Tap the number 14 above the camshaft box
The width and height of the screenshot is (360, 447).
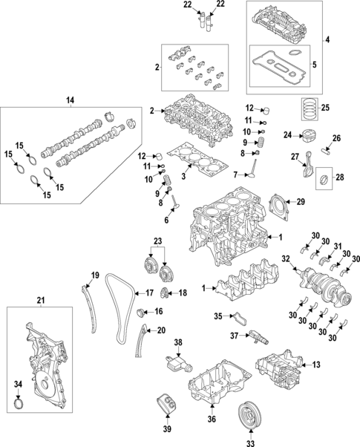pyautogui.click(x=71, y=99)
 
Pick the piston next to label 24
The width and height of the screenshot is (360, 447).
pyautogui.click(x=307, y=136)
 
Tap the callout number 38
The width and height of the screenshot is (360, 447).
pyautogui.click(x=177, y=342)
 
